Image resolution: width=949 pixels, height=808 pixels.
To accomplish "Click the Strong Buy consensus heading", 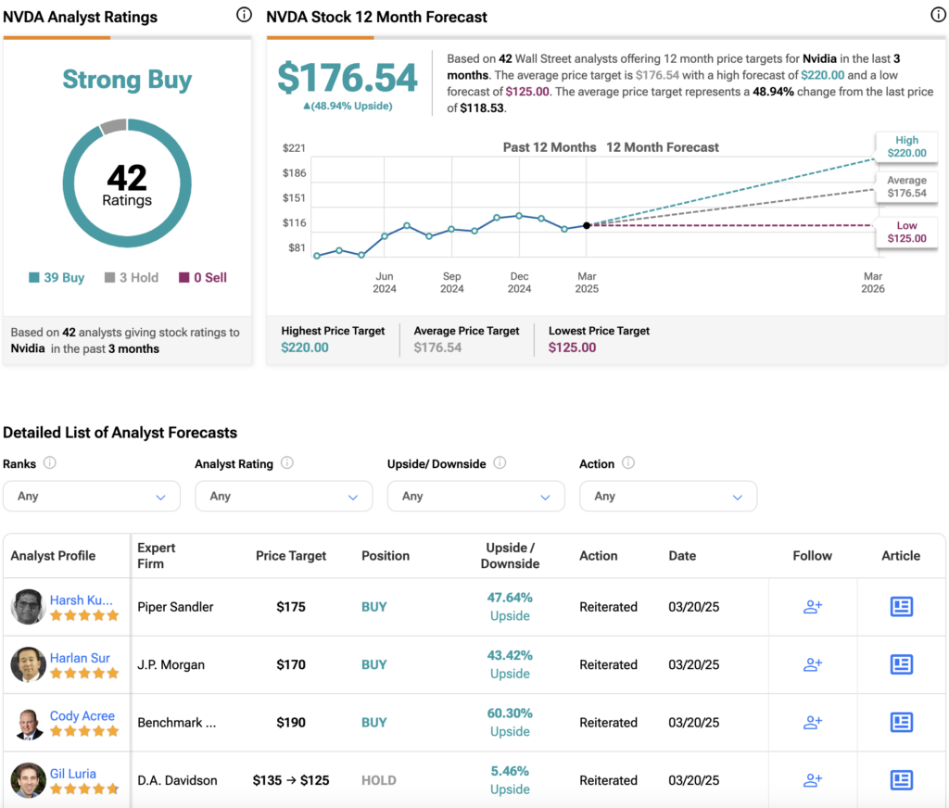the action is (127, 80).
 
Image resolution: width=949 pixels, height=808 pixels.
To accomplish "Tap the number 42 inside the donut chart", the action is (127, 177).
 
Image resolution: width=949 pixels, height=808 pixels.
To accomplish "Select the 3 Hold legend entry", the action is (132, 277).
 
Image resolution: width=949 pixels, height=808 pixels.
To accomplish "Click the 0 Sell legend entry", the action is (203, 277).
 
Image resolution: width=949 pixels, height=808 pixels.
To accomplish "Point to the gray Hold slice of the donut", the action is (113, 127).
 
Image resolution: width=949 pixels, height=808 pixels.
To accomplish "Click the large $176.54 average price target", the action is (348, 78).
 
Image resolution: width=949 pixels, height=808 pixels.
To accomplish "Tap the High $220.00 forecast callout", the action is (906, 146).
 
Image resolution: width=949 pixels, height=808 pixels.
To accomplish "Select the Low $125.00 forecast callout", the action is (906, 232).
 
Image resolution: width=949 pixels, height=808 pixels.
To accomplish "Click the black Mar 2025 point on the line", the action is (587, 225).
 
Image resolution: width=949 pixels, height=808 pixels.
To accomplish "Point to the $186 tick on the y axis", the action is (294, 173).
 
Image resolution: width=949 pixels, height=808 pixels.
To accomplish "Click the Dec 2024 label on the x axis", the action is (519, 282).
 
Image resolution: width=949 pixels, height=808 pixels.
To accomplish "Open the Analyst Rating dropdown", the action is (284, 497).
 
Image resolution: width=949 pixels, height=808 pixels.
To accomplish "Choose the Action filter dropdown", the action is (668, 497).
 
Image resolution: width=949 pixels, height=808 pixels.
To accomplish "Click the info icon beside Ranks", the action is (50, 463).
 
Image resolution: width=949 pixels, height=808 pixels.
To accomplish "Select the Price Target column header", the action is (290, 556).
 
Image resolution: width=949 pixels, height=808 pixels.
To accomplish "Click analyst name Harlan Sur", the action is (80, 658).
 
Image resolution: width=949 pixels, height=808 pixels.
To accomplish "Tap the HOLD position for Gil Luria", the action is (379, 780).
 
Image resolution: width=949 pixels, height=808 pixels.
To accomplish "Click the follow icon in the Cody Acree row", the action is (812, 722).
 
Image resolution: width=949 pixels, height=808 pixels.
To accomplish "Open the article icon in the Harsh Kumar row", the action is (901, 606).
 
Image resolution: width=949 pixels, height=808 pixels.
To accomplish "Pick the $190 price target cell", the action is (290, 722).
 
